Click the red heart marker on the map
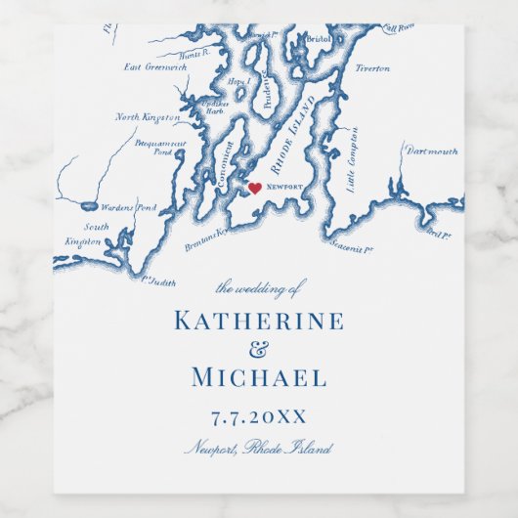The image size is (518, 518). click(254, 189)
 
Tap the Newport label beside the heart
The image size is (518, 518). click(284, 186)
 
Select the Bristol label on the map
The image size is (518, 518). click(319, 39)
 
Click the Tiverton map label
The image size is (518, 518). click(371, 68)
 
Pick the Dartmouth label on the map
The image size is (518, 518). click(432, 151)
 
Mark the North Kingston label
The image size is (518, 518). click(148, 117)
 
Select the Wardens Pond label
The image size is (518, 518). click(130, 208)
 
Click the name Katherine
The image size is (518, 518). click(258, 321)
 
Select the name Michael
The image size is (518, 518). click(258, 378)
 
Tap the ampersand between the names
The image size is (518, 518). click(259, 350)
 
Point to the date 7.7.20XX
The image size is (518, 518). click(258, 417)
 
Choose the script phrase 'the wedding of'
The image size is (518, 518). click(260, 287)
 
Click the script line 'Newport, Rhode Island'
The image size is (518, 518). click(258, 449)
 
